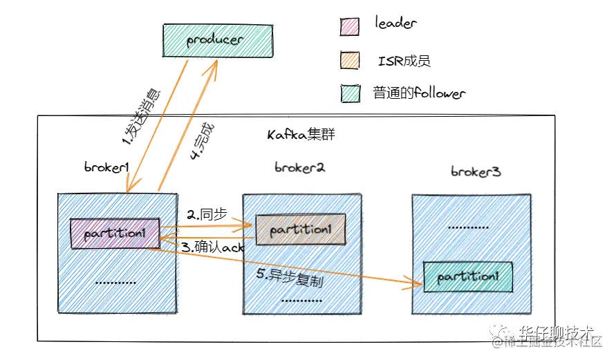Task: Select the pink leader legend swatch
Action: pos(351,26)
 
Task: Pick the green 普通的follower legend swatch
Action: pos(351,93)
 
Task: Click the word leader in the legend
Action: pos(396,24)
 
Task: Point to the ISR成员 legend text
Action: pos(404,61)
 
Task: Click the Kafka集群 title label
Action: pos(301,134)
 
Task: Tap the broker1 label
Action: pos(108,167)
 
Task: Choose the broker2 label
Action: pos(299,167)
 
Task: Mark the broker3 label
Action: pos(476,171)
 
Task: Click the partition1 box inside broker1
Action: pos(115,234)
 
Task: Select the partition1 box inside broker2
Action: pos(301,229)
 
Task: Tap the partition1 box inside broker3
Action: pos(468,276)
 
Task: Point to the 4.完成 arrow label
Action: pos(203,142)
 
